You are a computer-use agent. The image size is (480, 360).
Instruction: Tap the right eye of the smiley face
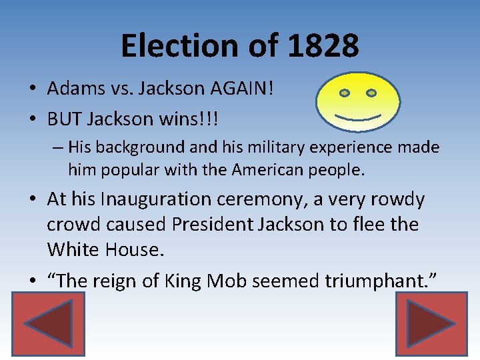click(x=371, y=92)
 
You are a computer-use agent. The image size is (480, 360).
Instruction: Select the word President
click(x=211, y=224)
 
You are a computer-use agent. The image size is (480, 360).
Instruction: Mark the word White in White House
click(x=69, y=249)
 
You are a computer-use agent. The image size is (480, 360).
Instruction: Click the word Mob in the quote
click(x=229, y=281)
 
